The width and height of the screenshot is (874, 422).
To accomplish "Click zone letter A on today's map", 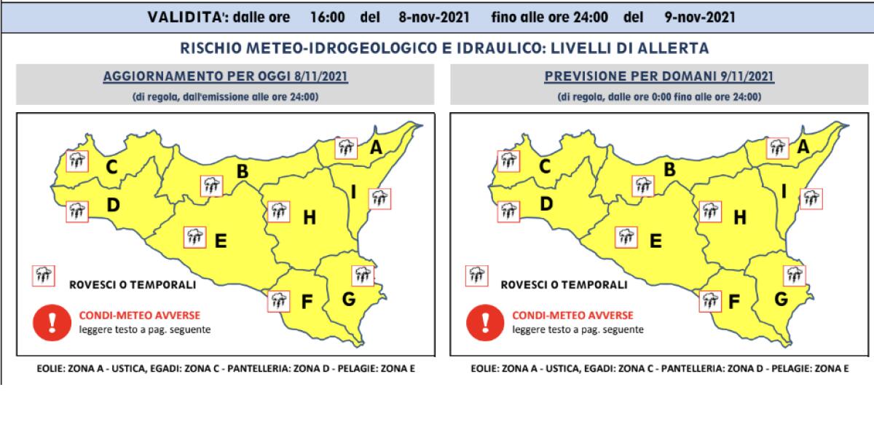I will [376, 147].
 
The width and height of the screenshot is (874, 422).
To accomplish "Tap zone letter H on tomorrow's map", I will [740, 216].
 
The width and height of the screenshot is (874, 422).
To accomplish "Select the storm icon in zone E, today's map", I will [195, 236].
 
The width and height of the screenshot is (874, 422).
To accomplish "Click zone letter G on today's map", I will [348, 299].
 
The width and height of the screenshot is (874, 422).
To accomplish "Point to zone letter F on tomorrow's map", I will [734, 300].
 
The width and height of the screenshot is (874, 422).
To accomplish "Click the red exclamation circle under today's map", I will [51, 323].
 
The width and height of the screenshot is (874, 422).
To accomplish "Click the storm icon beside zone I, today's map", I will [379, 198].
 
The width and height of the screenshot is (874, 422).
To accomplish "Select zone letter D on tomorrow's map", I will [546, 206].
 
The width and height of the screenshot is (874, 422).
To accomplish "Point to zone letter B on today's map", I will [243, 172].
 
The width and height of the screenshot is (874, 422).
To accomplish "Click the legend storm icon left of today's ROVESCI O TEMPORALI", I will [42, 276].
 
